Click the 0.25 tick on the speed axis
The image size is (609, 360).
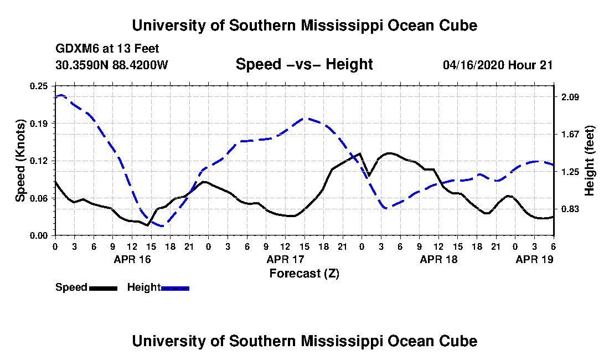point(38,86)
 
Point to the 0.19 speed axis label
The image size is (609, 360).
point(38,124)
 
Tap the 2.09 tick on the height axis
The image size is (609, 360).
point(570,97)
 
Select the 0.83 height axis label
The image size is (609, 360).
point(570,209)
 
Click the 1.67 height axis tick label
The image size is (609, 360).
point(570,135)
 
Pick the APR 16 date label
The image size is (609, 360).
point(132,259)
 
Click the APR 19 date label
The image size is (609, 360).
point(534,259)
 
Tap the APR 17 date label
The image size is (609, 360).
point(285,259)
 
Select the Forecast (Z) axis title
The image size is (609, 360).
point(304,274)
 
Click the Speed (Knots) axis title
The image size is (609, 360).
point(20,161)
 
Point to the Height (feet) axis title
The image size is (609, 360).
point(589,161)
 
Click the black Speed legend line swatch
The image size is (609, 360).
point(103,288)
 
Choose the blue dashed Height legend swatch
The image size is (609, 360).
point(175,288)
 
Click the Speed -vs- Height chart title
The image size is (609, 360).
point(304,64)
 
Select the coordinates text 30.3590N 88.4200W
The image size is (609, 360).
point(111,65)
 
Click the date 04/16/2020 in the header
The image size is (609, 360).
point(473,65)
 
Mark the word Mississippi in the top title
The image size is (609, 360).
point(342,25)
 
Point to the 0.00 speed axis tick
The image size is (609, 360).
point(38,236)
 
